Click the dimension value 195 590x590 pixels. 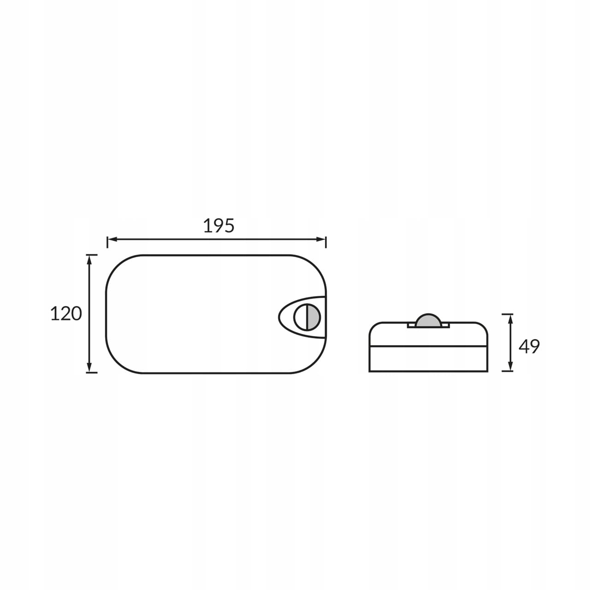click(x=218, y=226)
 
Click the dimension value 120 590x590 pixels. click(x=66, y=313)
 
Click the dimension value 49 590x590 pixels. click(x=529, y=346)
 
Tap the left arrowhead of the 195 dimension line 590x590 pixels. click(x=112, y=239)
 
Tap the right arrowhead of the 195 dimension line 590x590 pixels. click(x=321, y=239)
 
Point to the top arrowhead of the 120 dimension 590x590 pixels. click(x=89, y=260)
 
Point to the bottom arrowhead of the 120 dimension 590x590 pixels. click(x=89, y=367)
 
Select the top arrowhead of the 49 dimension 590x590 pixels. click(x=510, y=319)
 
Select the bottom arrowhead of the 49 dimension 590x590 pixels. click(x=510, y=366)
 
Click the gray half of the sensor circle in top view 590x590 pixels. click(x=313, y=317)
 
